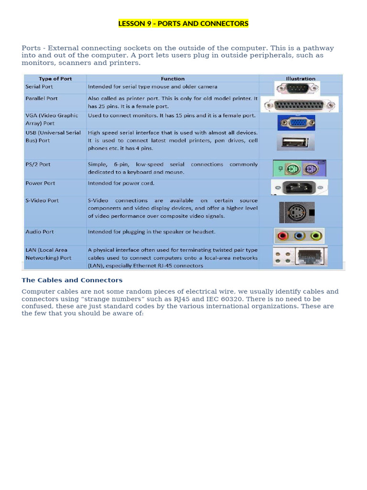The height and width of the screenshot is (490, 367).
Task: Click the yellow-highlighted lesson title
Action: pos(183,23)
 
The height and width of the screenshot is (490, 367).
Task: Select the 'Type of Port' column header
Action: pos(55,78)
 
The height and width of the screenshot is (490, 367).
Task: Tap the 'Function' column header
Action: pos(173,78)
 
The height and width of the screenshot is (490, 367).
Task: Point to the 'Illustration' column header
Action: pos(301,78)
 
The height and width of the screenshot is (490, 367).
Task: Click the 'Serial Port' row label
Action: pos(39,87)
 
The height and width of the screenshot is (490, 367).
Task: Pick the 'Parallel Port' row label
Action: pos(42,98)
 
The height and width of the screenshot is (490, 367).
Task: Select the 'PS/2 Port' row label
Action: pos(38,164)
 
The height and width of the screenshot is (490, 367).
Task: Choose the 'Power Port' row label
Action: pos(40,183)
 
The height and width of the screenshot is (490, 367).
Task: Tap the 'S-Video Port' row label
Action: pos(42,200)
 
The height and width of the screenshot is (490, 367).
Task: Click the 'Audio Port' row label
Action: pos(40,232)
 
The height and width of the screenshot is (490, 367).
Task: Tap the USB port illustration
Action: pos(295,142)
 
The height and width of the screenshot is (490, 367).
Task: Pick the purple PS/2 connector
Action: pos(311,168)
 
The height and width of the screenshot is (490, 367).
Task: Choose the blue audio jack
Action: pos(299,235)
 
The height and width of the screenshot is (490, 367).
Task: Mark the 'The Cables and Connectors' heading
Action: pos(72,280)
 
